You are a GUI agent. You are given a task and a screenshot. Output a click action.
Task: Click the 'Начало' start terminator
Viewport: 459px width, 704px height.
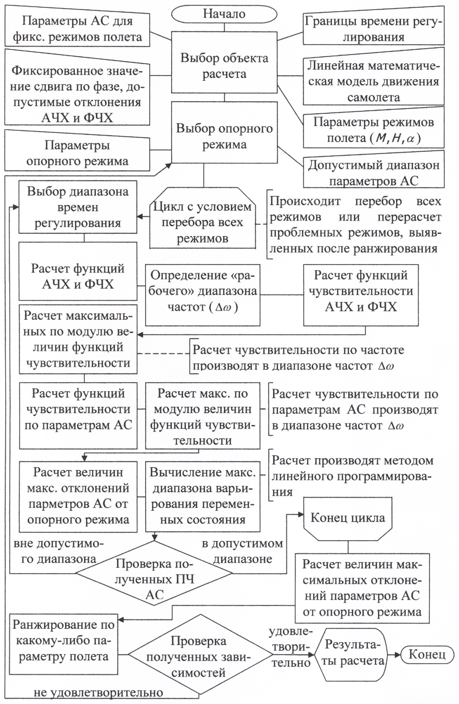coord(224,14)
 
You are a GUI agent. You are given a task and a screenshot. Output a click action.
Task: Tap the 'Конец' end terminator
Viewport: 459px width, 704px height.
coord(427,654)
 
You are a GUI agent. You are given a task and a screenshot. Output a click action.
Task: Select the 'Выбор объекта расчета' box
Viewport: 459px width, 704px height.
coord(224,66)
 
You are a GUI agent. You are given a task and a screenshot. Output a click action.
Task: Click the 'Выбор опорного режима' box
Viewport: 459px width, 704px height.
coord(224,136)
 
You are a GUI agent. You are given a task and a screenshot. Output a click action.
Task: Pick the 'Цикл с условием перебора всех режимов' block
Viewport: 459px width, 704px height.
coord(202,222)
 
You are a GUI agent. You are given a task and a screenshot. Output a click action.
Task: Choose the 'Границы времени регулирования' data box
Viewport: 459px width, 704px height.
coord(373,29)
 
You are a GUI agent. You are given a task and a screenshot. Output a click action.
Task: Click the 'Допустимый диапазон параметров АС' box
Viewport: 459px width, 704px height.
coord(374,173)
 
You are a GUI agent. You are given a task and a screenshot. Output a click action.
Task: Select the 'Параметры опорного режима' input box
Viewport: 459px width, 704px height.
coord(77,153)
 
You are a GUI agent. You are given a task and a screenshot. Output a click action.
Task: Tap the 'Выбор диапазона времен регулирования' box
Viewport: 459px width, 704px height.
coord(77,207)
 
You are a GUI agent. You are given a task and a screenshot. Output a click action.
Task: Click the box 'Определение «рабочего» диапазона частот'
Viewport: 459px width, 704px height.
coord(203,291)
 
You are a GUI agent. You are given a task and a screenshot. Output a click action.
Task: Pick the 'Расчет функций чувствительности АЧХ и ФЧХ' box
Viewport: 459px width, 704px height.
coord(361,291)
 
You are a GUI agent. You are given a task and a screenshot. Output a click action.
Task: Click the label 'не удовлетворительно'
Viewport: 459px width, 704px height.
coord(98,692)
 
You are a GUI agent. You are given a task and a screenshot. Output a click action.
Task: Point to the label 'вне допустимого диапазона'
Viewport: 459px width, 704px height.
coord(59,551)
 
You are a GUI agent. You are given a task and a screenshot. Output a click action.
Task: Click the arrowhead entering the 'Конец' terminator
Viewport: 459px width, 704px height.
coord(397,654)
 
